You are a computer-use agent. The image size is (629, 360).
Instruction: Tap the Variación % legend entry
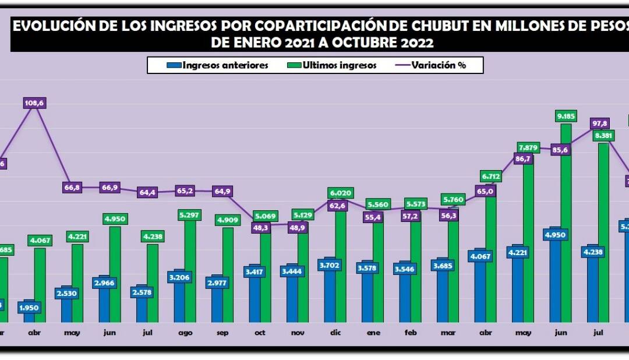click(x=433, y=65)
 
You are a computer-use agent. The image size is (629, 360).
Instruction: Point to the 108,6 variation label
click(x=34, y=103)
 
